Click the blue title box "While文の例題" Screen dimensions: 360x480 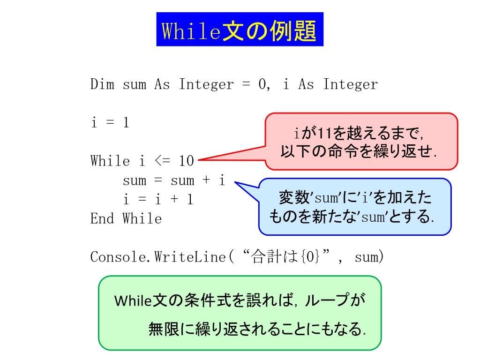pos(240,30)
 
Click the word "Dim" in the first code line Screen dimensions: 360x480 pos(102,85)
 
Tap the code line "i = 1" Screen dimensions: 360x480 pos(110,123)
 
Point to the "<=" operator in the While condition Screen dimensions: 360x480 pos(162,161)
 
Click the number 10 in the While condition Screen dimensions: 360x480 pos(186,161)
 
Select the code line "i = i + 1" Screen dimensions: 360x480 pos(158,200)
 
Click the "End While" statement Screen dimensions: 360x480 pos(126,218)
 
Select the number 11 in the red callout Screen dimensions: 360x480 pos(324,133)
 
